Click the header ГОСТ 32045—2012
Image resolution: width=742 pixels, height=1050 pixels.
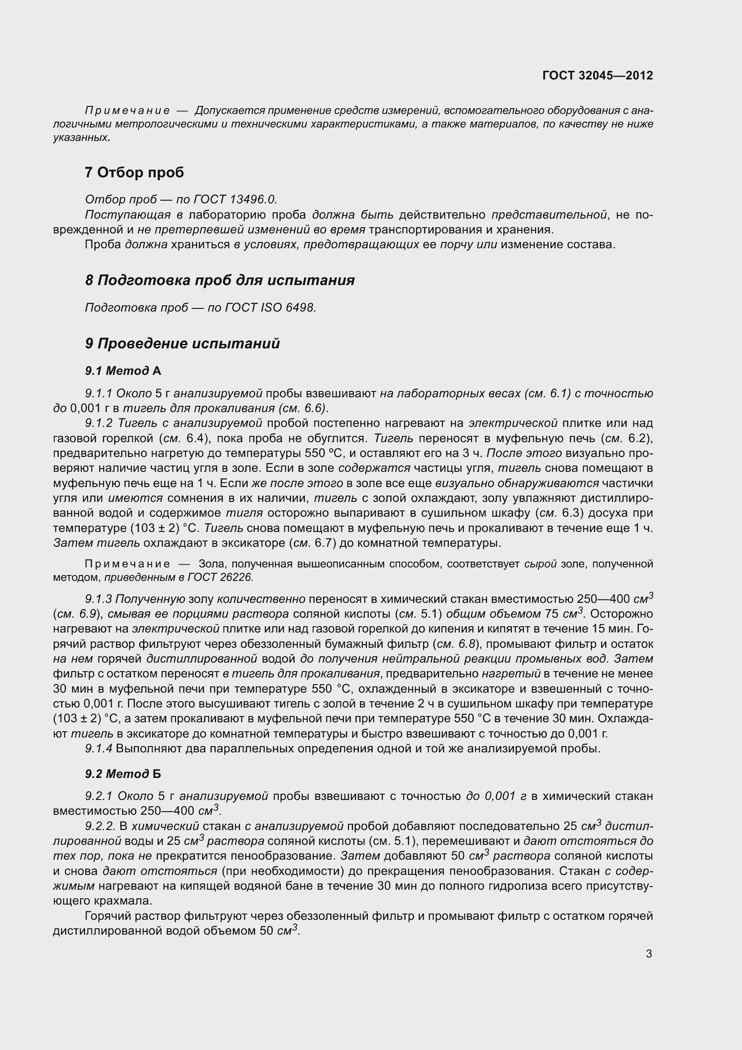(x=597, y=75)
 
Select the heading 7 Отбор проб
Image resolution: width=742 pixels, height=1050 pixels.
(x=134, y=172)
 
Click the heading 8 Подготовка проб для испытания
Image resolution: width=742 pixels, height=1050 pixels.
(x=220, y=280)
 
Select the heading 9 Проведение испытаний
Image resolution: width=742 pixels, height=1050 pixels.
(x=182, y=343)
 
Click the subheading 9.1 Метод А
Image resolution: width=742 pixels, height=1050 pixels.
(x=123, y=370)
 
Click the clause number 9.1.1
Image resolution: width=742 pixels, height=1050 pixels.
(x=99, y=393)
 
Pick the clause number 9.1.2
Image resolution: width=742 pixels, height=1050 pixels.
(x=99, y=423)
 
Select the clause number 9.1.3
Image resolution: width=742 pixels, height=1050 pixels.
(x=99, y=599)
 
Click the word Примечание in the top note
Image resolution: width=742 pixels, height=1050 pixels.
(x=127, y=111)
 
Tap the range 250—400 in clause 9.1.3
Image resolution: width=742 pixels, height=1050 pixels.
(x=603, y=599)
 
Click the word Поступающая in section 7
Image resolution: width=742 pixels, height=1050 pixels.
(x=127, y=215)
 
